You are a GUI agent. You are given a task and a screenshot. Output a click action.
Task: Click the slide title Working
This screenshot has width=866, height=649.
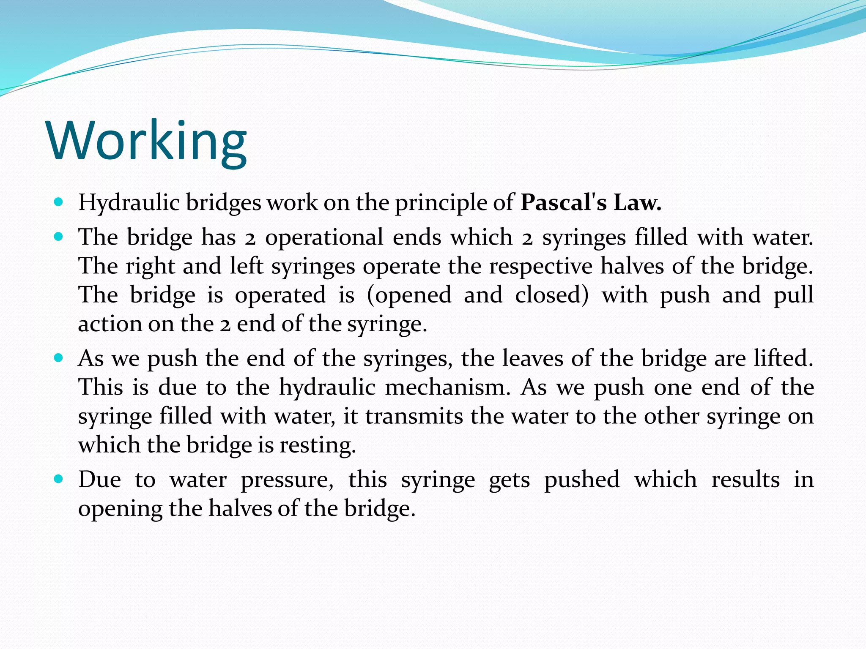[x=147, y=141]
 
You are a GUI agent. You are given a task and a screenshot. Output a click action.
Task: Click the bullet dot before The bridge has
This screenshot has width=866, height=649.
[x=59, y=237]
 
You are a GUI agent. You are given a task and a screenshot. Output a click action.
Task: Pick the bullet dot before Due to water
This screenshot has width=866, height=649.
[x=59, y=480]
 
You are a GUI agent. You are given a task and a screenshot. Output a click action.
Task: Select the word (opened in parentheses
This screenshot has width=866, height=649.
[x=409, y=295]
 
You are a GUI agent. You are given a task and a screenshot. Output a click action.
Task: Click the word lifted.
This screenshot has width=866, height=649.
[x=784, y=359]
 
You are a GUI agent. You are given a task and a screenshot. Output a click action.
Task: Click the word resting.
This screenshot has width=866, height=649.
[x=317, y=445]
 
